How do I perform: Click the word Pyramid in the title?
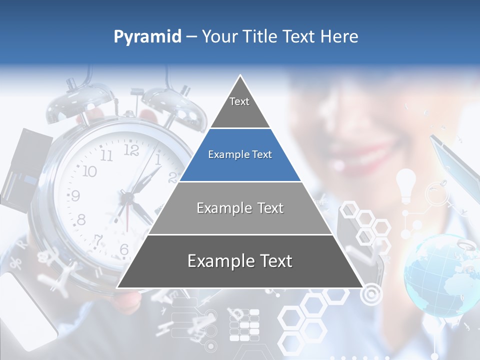(x=147, y=37)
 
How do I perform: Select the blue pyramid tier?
(x=240, y=155)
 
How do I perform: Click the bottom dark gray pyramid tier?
(x=240, y=261)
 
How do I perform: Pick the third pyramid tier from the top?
(x=240, y=208)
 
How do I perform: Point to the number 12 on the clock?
(x=130, y=150)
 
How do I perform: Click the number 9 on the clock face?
(x=74, y=195)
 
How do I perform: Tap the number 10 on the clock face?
(x=89, y=171)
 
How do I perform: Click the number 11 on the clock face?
(x=106, y=155)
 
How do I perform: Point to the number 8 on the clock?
(x=80, y=219)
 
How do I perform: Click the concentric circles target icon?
(x=370, y=294)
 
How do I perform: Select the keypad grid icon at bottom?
(x=244, y=325)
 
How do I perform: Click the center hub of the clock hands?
(x=128, y=198)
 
